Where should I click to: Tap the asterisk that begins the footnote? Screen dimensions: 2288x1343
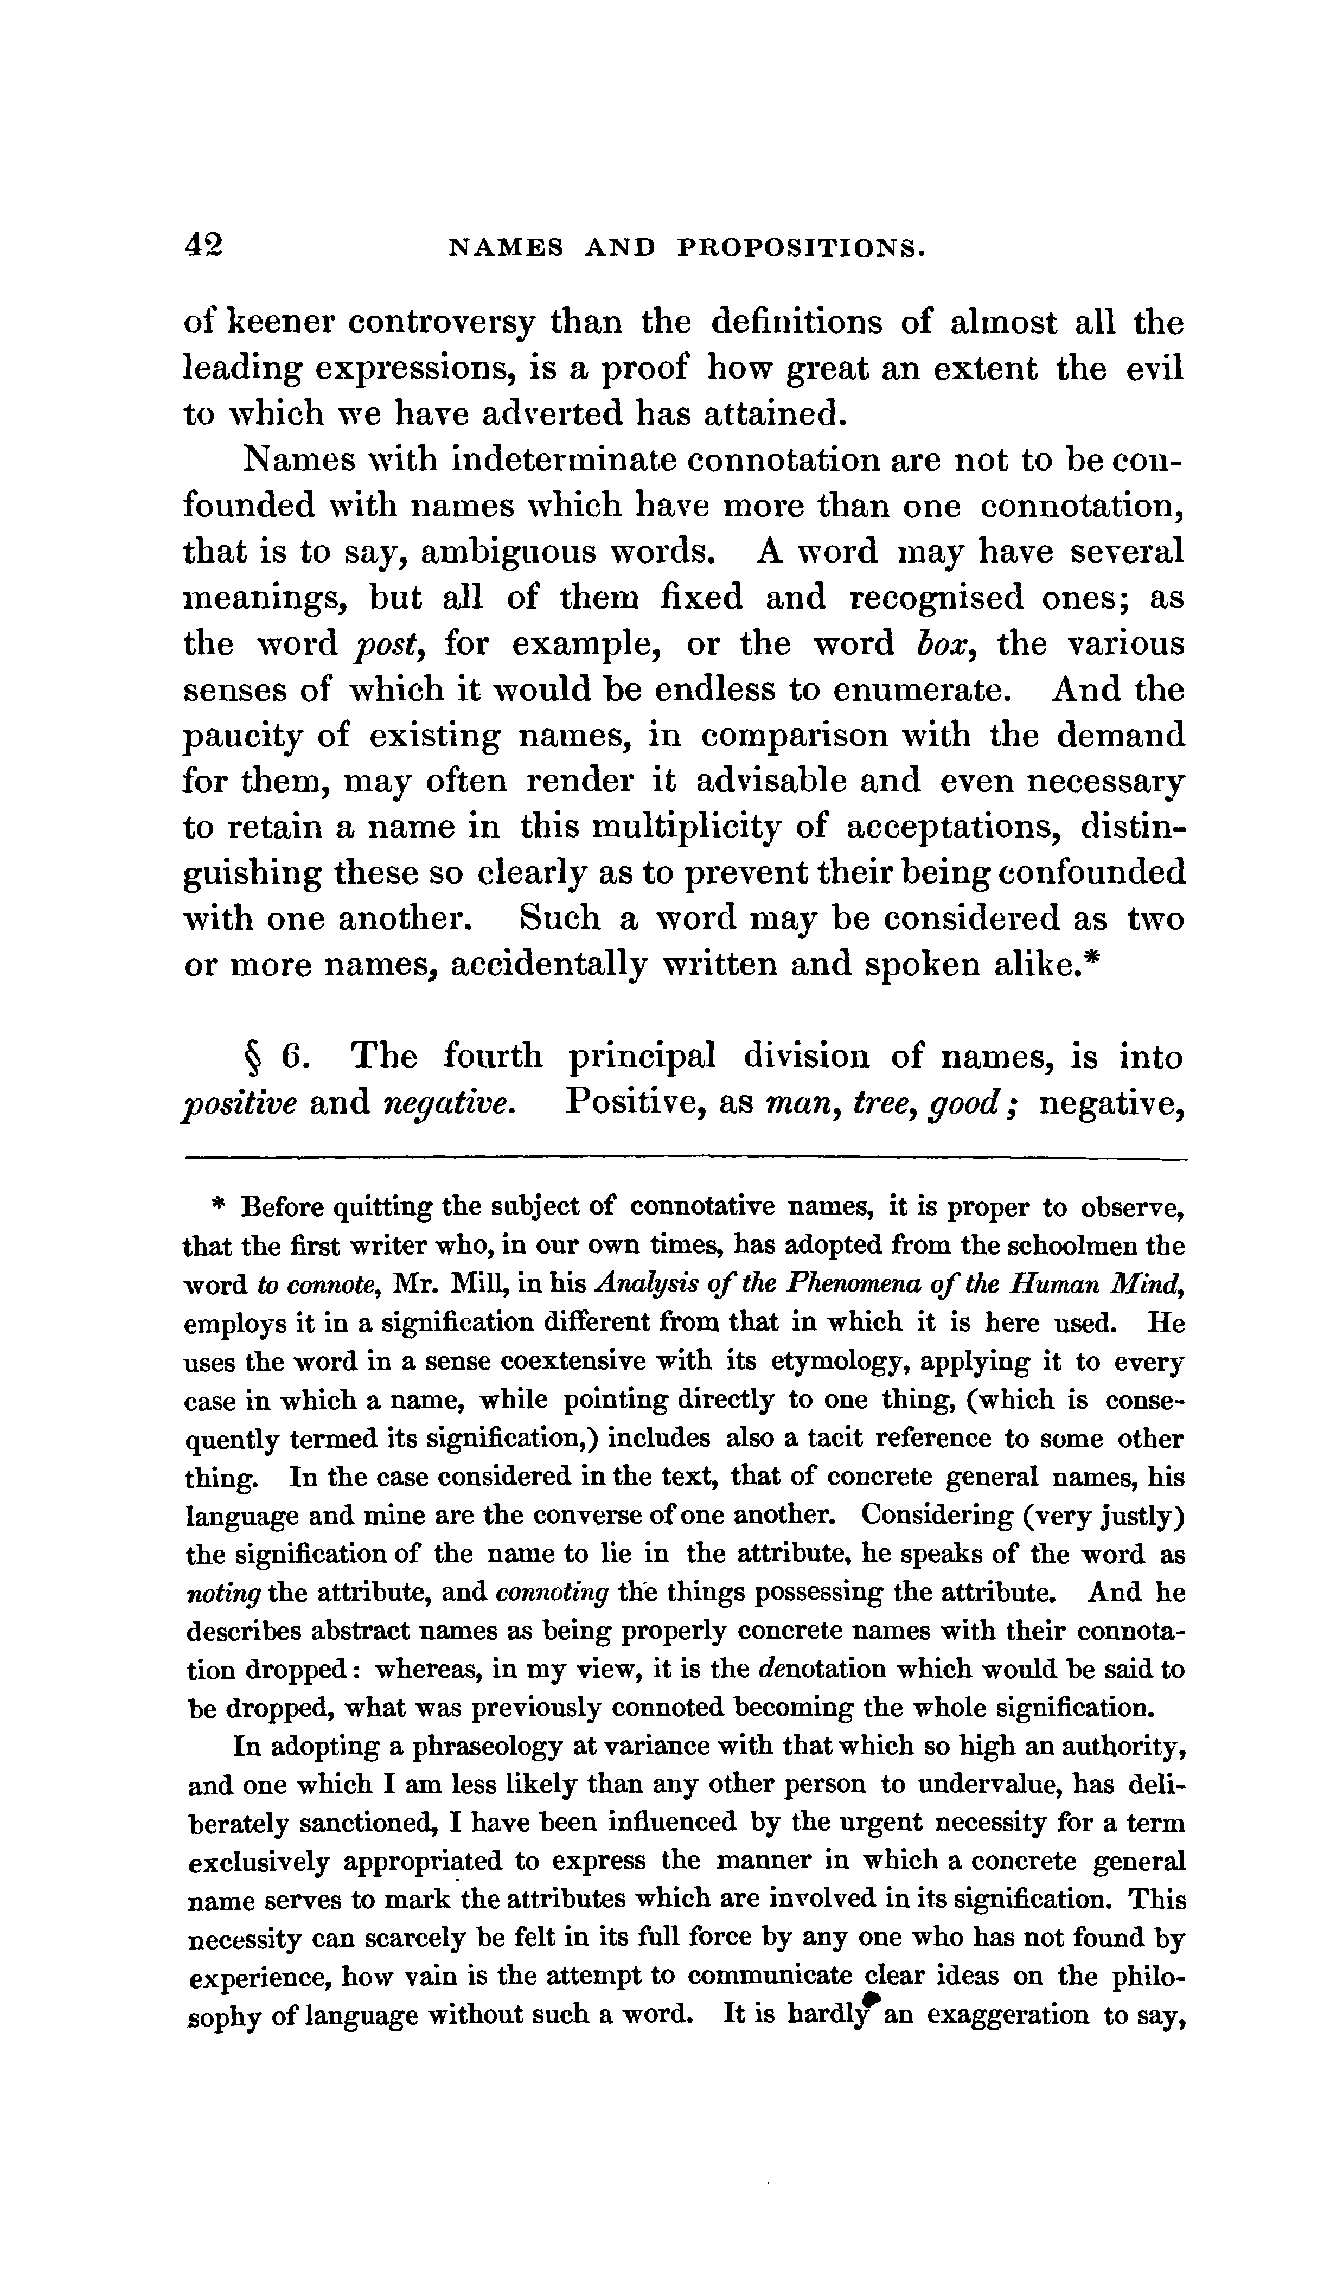point(218,1206)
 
